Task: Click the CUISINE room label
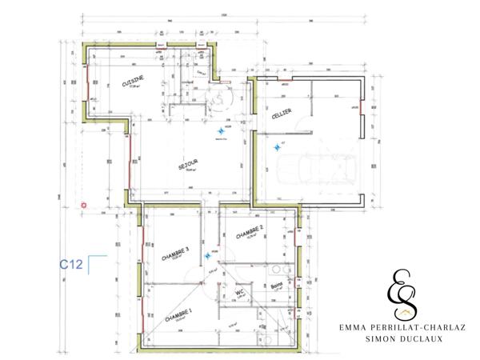pyautogui.click(x=132, y=83)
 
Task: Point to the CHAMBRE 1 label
pyautogui.click(x=178, y=316)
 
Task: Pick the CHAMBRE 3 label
pyautogui.click(x=175, y=255)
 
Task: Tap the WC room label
pyautogui.click(x=239, y=294)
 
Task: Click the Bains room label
pyautogui.click(x=278, y=286)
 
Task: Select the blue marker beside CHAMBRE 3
pyautogui.click(x=207, y=255)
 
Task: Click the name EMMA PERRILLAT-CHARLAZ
pyautogui.click(x=402, y=327)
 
